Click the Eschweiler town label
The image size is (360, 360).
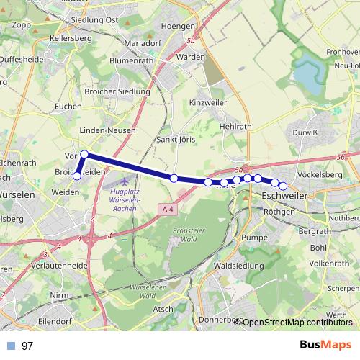coord(285,196)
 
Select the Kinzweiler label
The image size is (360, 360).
coord(207,104)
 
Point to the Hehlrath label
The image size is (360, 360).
coord(235,125)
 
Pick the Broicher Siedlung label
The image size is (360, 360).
coord(117,91)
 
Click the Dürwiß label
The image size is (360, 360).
coord(305,132)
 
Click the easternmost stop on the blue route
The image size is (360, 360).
coord(283,186)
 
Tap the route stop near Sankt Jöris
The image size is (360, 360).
coord(174,178)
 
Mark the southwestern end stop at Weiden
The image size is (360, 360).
coord(77,176)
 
